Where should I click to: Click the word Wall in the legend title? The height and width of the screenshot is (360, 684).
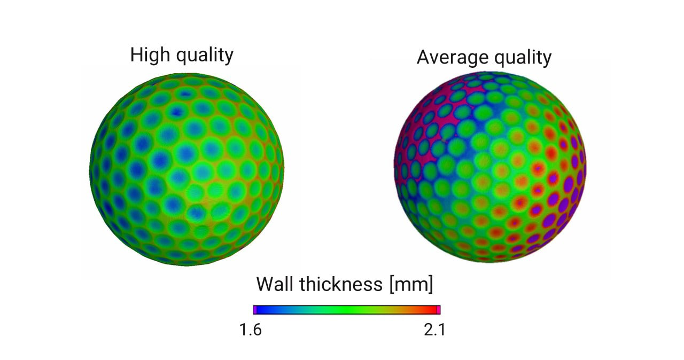(x=275, y=284)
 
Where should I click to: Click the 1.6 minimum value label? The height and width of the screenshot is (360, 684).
(x=250, y=330)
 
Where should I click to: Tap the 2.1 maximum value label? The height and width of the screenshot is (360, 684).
(x=434, y=330)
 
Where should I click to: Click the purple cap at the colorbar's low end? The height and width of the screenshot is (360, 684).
(x=255, y=310)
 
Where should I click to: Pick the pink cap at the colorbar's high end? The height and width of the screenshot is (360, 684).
(x=438, y=310)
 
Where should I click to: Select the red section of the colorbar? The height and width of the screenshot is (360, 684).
(x=428, y=310)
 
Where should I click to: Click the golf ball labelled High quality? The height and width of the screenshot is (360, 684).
(x=186, y=169)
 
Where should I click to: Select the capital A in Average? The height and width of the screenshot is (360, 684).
(x=424, y=57)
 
